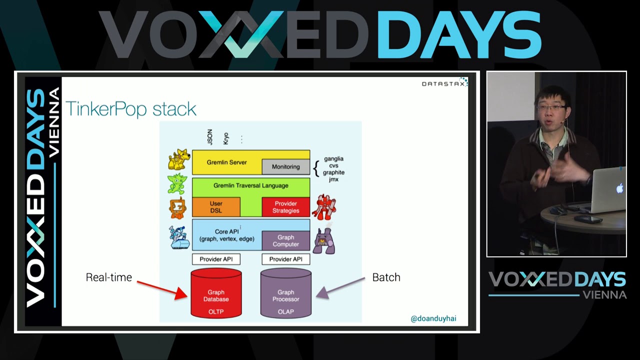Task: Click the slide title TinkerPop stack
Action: (131, 109)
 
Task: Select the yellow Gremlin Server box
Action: (226, 162)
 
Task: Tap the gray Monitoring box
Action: (285, 166)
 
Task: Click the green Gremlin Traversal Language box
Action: (250, 185)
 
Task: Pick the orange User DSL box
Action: (216, 207)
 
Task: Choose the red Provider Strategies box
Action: (285, 207)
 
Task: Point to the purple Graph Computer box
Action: (285, 240)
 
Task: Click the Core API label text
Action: (226, 231)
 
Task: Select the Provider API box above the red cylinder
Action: (216, 259)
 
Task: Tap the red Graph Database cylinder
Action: (216, 295)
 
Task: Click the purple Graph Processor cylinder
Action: (285, 295)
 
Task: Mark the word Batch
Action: (386, 277)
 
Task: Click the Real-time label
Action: (108, 277)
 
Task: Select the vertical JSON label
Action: (210, 136)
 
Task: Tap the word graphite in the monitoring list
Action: (333, 172)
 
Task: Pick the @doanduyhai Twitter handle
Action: (433, 318)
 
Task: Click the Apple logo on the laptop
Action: (619, 188)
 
